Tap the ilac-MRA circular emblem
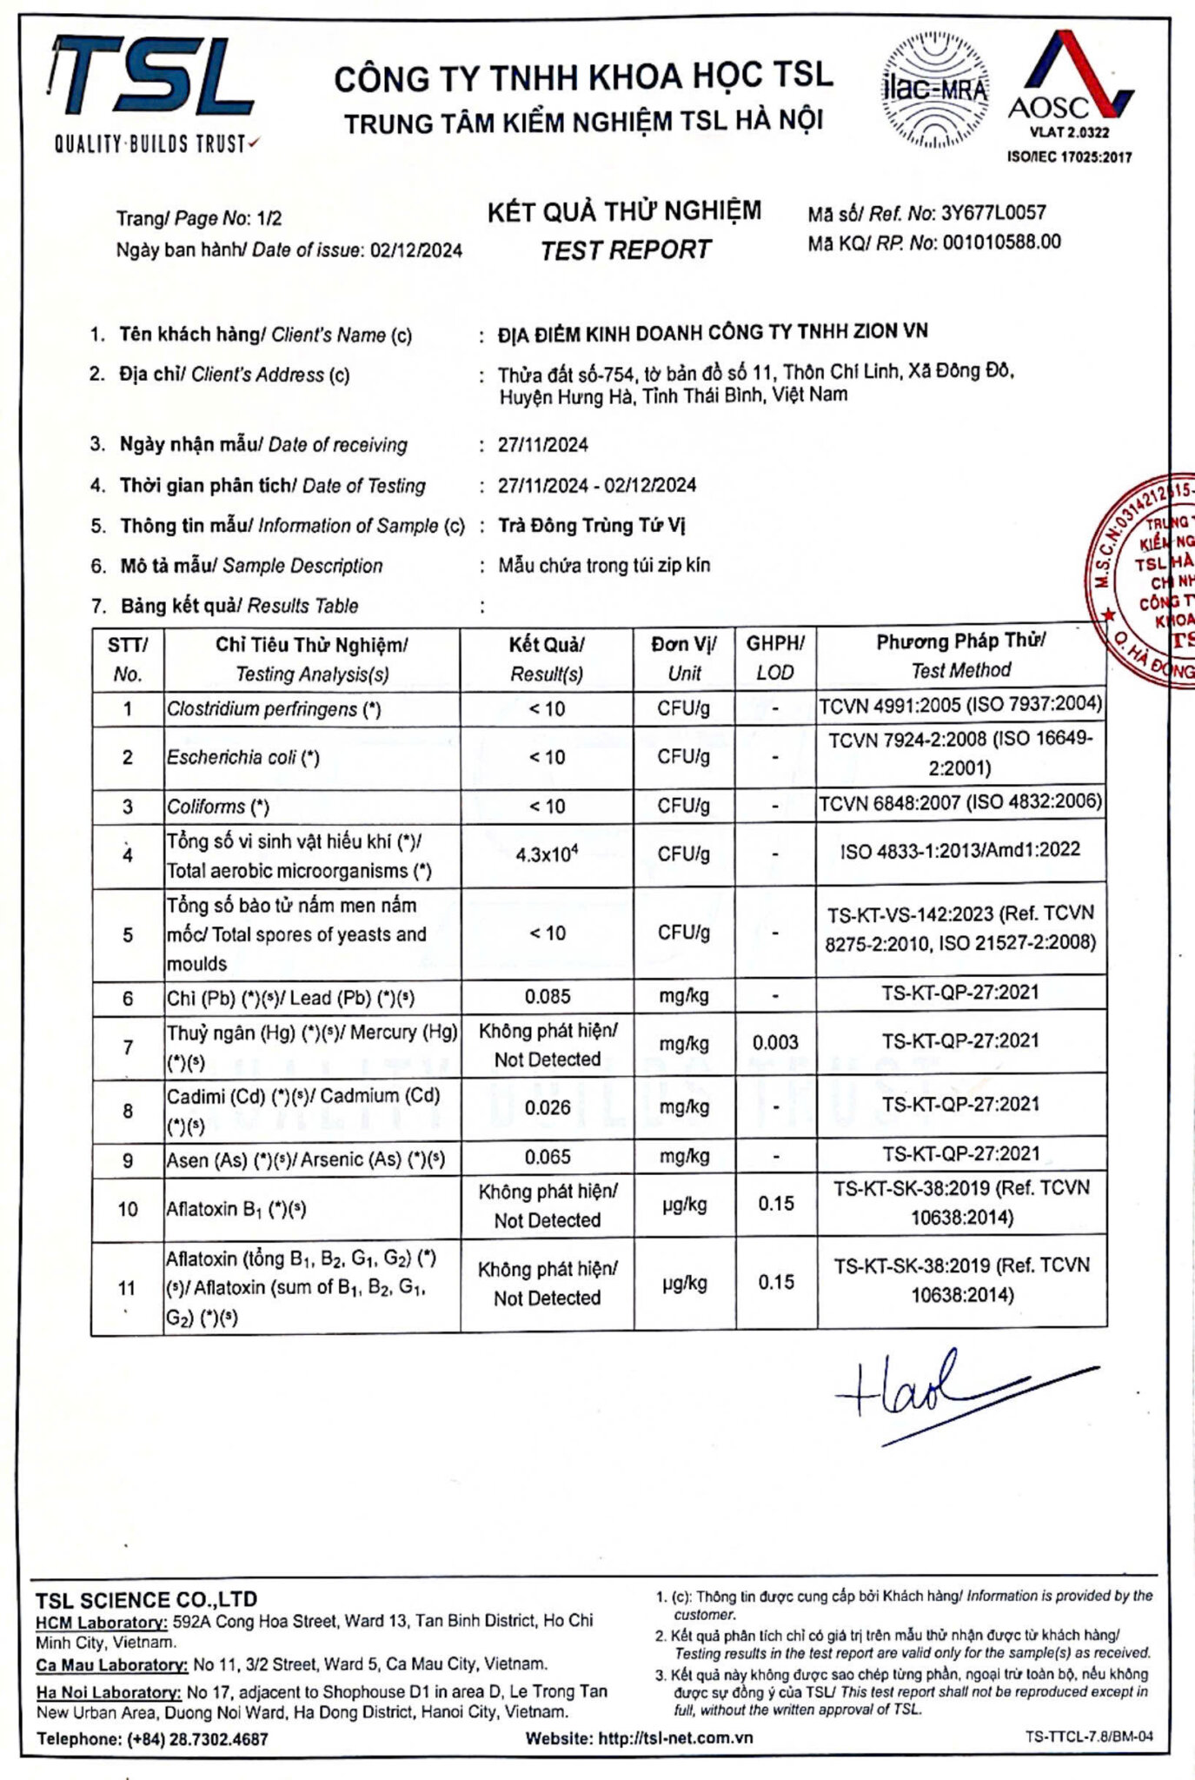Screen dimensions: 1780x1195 (x=934, y=90)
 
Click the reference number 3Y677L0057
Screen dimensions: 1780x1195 (x=993, y=213)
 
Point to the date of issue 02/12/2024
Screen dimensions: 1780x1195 (x=416, y=251)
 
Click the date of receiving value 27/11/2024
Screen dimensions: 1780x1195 (x=542, y=445)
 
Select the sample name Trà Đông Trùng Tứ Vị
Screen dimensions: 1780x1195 (x=592, y=526)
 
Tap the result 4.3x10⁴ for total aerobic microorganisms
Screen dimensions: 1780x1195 (x=547, y=854)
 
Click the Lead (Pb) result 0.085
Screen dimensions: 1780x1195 (x=548, y=996)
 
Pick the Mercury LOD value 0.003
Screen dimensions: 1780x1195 (x=775, y=1042)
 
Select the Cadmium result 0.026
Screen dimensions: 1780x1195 (x=548, y=1107)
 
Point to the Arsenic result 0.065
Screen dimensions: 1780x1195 (x=548, y=1157)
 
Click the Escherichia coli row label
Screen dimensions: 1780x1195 (x=243, y=757)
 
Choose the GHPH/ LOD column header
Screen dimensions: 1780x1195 (x=775, y=657)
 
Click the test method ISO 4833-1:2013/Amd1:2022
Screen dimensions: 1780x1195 (x=960, y=849)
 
